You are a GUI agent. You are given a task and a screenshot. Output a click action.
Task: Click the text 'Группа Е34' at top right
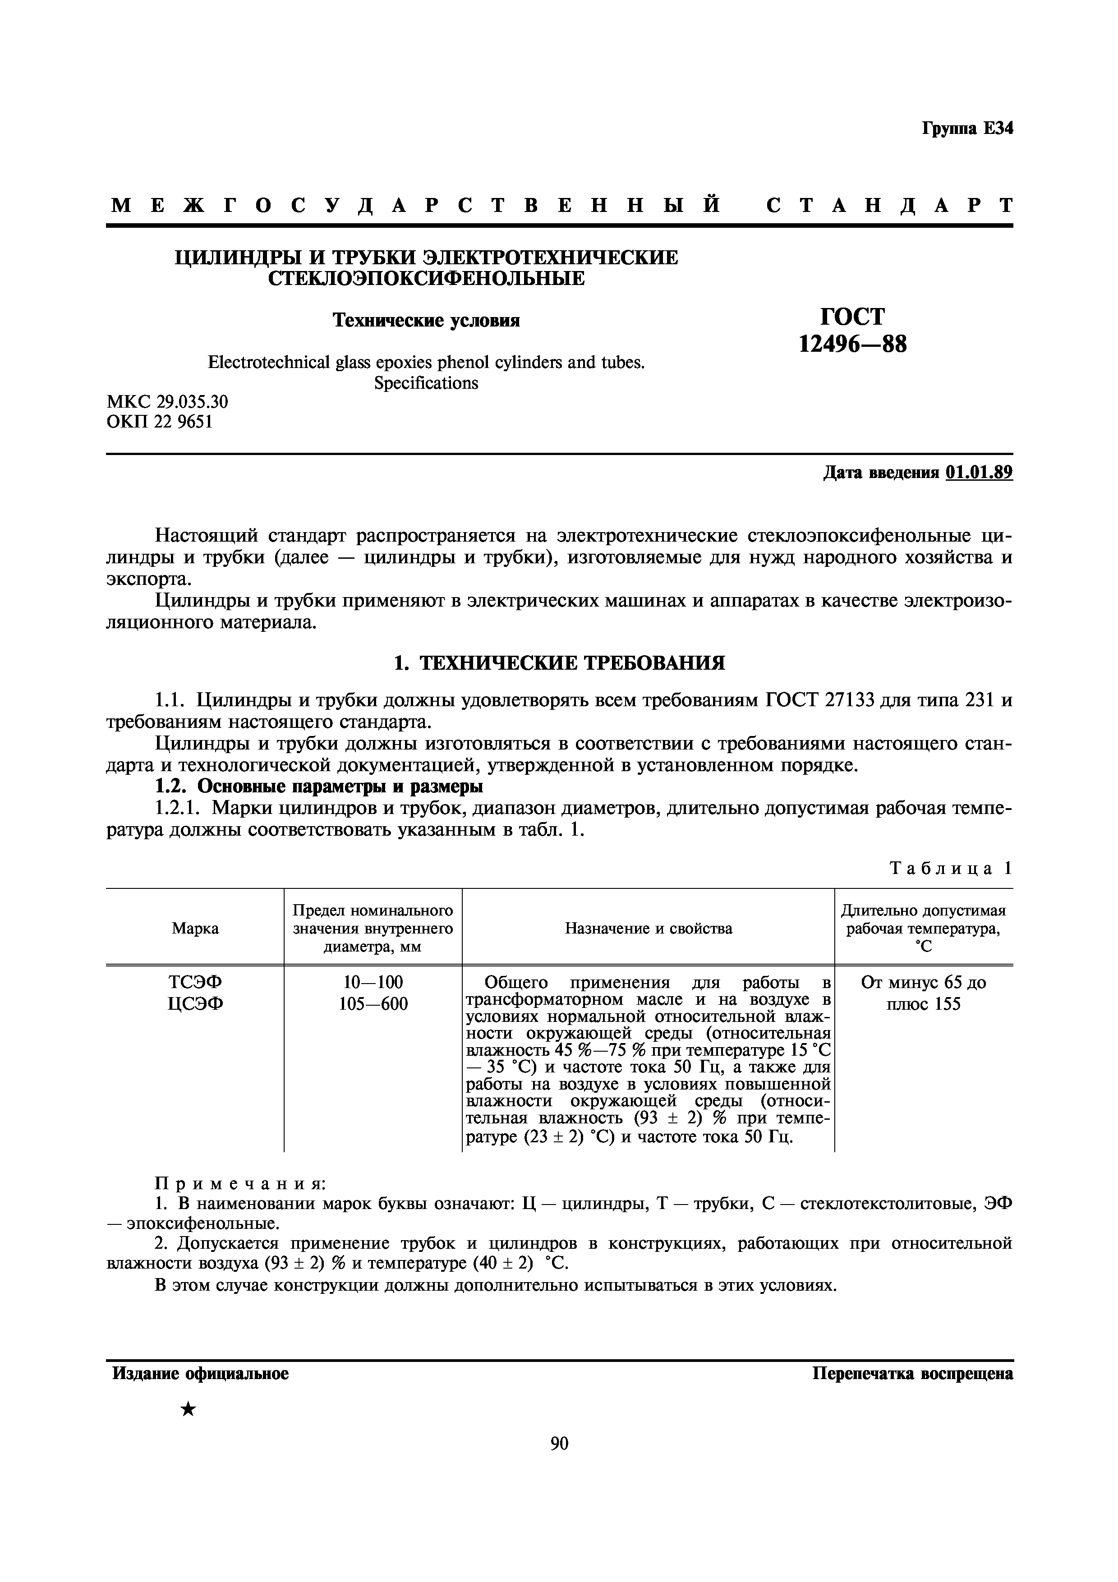tap(967, 129)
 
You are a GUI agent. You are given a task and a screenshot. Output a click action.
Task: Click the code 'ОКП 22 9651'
tap(160, 422)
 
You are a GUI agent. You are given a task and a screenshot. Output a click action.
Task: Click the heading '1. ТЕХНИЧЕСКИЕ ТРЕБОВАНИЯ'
tap(559, 663)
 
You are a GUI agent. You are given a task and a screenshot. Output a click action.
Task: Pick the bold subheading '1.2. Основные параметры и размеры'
tap(318, 786)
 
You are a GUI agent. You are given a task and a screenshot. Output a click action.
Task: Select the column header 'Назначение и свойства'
tap(648, 928)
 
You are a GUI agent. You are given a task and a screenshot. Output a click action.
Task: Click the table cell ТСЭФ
tap(196, 982)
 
